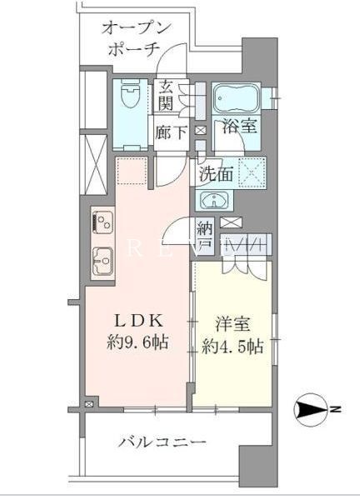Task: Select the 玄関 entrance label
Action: pyautogui.click(x=167, y=93)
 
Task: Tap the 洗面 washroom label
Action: pyautogui.click(x=216, y=175)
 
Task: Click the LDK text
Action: pyautogui.click(x=133, y=321)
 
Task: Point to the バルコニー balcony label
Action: pyautogui.click(x=162, y=441)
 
